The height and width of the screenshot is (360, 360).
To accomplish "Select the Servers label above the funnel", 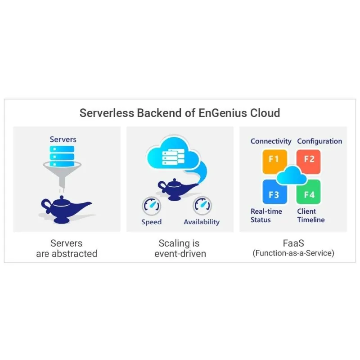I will pos(63,139).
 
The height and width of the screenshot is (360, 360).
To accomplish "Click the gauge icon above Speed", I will pos(151,206).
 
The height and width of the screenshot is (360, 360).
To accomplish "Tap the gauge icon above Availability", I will pos(202,206).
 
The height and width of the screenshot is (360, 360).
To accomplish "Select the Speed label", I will pos(151,222).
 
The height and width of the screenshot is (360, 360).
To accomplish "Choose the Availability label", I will pos(202,222).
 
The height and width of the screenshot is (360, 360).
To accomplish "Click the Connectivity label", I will pos(271,141).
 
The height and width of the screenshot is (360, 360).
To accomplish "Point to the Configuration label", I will pos(319,141).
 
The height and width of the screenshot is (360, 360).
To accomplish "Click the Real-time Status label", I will pos(266,216).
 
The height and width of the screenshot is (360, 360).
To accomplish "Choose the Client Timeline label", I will pos(310,216).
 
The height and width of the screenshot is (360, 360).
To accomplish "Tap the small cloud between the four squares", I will pos(291,175).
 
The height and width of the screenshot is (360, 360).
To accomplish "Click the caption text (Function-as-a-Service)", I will pos(293,253).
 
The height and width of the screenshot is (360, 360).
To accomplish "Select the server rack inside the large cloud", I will pos(173,157).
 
